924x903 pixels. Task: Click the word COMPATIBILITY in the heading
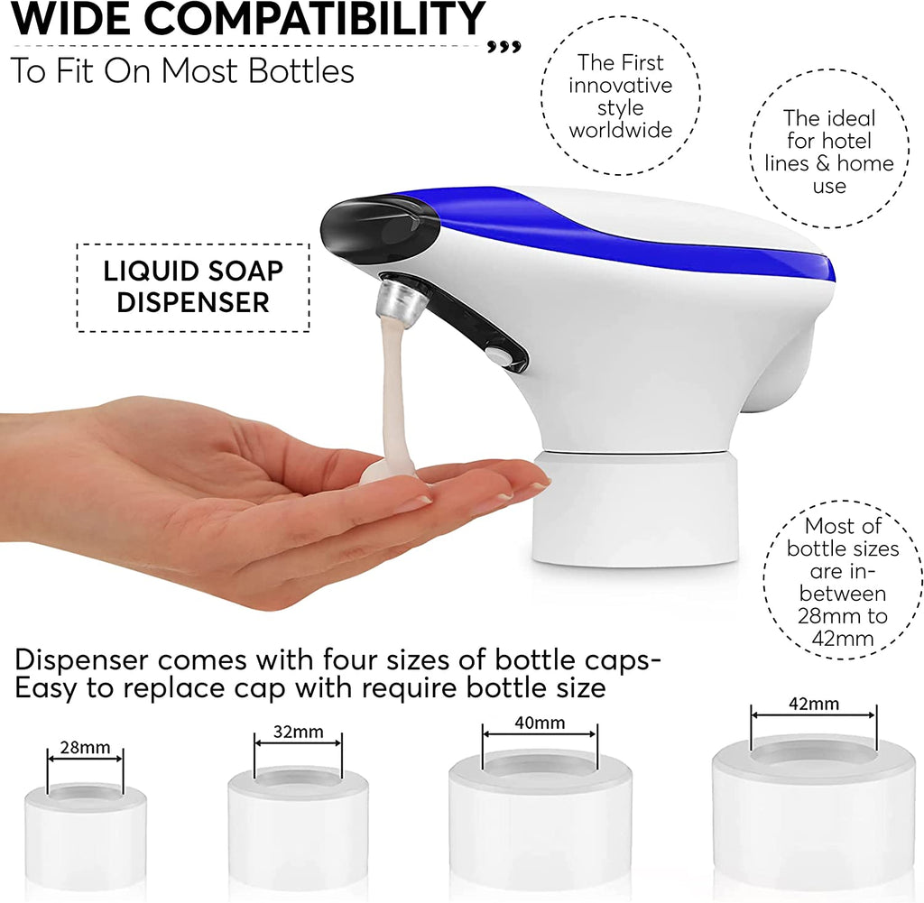coord(314,19)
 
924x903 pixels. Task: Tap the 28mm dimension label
coord(86,748)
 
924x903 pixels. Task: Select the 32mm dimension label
coord(298,732)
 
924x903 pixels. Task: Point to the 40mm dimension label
coord(540,723)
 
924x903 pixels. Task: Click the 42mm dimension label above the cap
coord(814,704)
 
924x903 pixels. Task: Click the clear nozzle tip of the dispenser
coord(397,299)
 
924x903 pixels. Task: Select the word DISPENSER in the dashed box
coord(193,303)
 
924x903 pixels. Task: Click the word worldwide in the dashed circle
coord(621,130)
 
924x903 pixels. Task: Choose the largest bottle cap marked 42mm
coord(814,813)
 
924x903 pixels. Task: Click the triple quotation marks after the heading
coord(504,47)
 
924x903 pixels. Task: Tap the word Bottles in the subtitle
coord(301,71)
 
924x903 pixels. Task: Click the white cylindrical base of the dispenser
coord(635,509)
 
